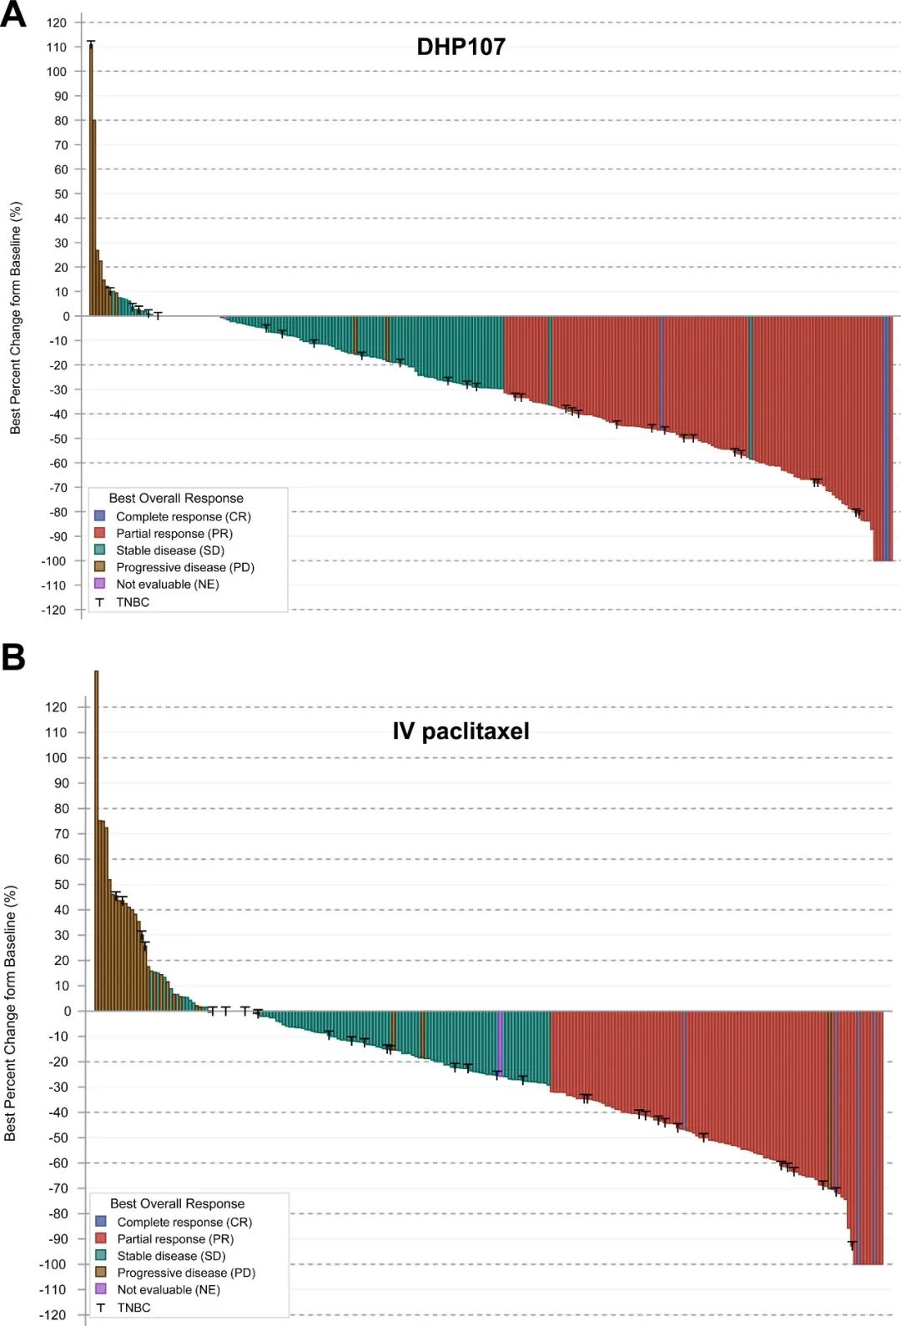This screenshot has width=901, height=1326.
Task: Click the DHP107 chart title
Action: pyautogui.click(x=461, y=47)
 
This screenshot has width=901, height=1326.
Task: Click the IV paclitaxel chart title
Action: pyautogui.click(x=461, y=731)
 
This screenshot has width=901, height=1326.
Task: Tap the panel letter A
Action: pyautogui.click(x=13, y=15)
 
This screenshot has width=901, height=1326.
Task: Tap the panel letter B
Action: pyautogui.click(x=13, y=657)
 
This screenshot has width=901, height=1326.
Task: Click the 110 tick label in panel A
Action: pyautogui.click(x=57, y=48)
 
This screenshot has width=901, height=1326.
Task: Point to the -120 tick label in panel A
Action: pyautogui.click(x=54, y=610)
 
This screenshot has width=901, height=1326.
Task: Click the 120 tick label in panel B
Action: pyautogui.click(x=56, y=707)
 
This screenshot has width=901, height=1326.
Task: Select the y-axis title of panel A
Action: pyautogui.click(x=16, y=318)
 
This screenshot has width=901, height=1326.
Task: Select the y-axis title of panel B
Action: pyautogui.click(x=11, y=1013)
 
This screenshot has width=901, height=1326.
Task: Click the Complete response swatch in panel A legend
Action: pyautogui.click(x=100, y=516)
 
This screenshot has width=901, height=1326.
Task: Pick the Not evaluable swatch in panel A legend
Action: pyautogui.click(x=100, y=584)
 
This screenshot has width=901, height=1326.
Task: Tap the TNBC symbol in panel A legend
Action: pyautogui.click(x=100, y=602)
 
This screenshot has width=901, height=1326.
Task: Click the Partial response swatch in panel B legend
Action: pyautogui.click(x=101, y=1238)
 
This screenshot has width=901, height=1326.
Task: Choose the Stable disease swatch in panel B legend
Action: pyautogui.click(x=101, y=1255)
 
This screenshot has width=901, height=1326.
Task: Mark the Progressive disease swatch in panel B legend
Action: pyautogui.click(x=101, y=1272)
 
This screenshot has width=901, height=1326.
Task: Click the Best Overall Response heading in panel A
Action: pyautogui.click(x=176, y=499)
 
